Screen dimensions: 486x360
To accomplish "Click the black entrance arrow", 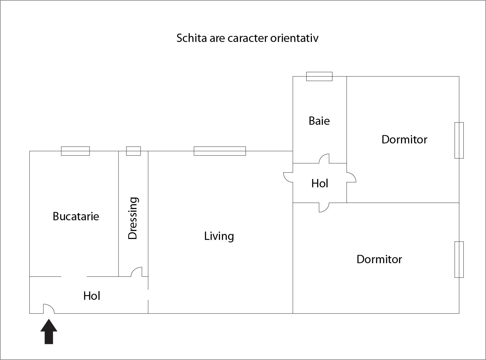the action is pos(49,331).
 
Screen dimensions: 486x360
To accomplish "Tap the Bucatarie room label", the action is pos(76,216).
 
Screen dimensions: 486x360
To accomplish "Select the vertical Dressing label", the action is pos(133,218).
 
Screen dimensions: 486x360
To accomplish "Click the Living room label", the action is pos(219,237).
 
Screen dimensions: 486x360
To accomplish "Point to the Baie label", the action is pos(319,121).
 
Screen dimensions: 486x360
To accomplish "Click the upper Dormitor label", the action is pos(404,139).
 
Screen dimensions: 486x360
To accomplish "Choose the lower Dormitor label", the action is pos(379,259).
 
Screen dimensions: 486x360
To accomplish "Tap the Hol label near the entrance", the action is pos(92,296).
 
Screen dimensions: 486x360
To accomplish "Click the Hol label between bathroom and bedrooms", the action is pos(320,183).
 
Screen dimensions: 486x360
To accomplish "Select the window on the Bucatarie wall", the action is pos(75,151).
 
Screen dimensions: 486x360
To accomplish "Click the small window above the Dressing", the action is pos(133,151).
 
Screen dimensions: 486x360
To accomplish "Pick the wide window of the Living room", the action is pos(220,151).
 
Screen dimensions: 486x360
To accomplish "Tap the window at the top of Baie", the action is pos(319,77).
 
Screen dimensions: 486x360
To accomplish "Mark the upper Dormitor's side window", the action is pos(459,140).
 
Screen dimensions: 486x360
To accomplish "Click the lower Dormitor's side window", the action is pos(459,260).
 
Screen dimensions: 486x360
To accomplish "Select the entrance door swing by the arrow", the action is pos(49,309).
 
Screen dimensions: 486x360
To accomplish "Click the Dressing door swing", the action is pos(136,272).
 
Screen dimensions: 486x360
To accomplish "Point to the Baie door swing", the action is pos(324,159).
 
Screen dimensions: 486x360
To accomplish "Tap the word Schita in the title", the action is pos(192,38).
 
